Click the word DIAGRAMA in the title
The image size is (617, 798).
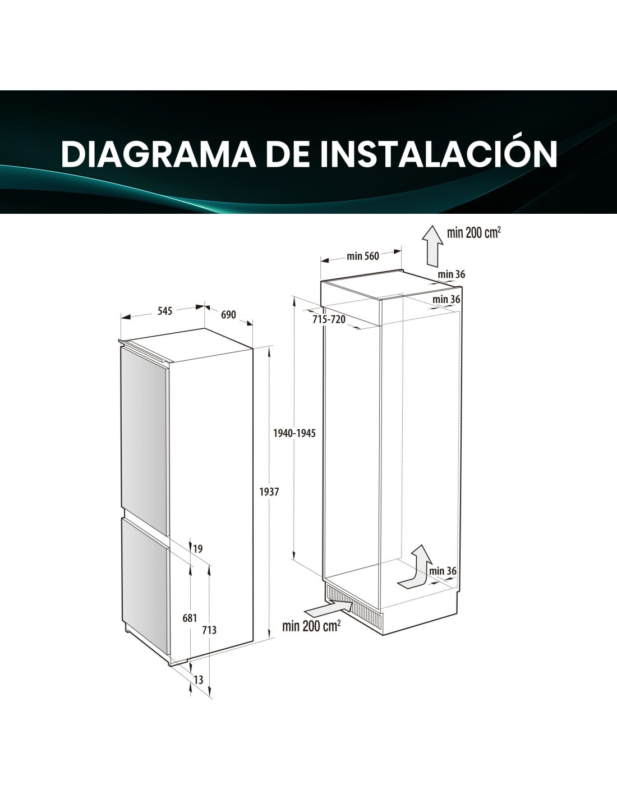tap(159, 154)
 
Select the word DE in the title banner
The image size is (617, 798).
tap(288, 154)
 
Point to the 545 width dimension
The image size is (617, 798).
tap(165, 311)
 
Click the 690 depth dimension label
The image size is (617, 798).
tap(228, 315)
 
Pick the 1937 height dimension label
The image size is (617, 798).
tap(269, 492)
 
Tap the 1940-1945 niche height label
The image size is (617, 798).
tap(294, 433)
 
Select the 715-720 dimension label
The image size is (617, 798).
tap(329, 319)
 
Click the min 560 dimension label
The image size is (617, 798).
tap(363, 256)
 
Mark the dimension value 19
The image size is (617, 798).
tap(198, 549)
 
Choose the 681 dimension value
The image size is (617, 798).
tap(190, 618)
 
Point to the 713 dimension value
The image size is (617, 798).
tap(209, 630)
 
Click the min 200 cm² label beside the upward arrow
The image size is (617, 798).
tap(474, 232)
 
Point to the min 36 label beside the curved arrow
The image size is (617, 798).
tap(443, 571)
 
